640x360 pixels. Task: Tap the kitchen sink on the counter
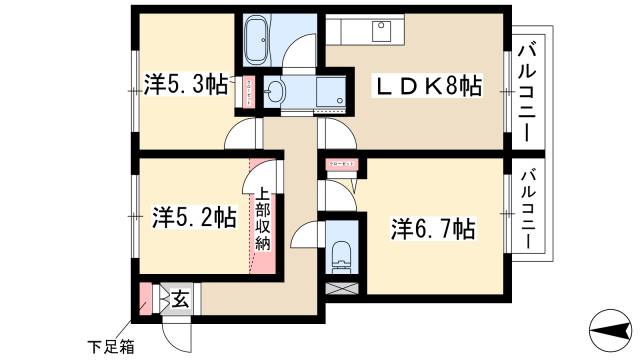coord(380,30)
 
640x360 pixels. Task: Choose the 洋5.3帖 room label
coord(184,86)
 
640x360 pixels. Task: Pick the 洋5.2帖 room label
coord(193,215)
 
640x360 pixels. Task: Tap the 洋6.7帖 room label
coord(432,229)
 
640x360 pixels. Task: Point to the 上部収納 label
coord(261,219)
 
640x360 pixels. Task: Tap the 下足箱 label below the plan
coord(108,348)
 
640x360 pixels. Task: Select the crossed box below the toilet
coord(340,290)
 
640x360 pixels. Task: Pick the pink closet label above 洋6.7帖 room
coord(340,165)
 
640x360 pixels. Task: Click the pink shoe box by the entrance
coord(146,297)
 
